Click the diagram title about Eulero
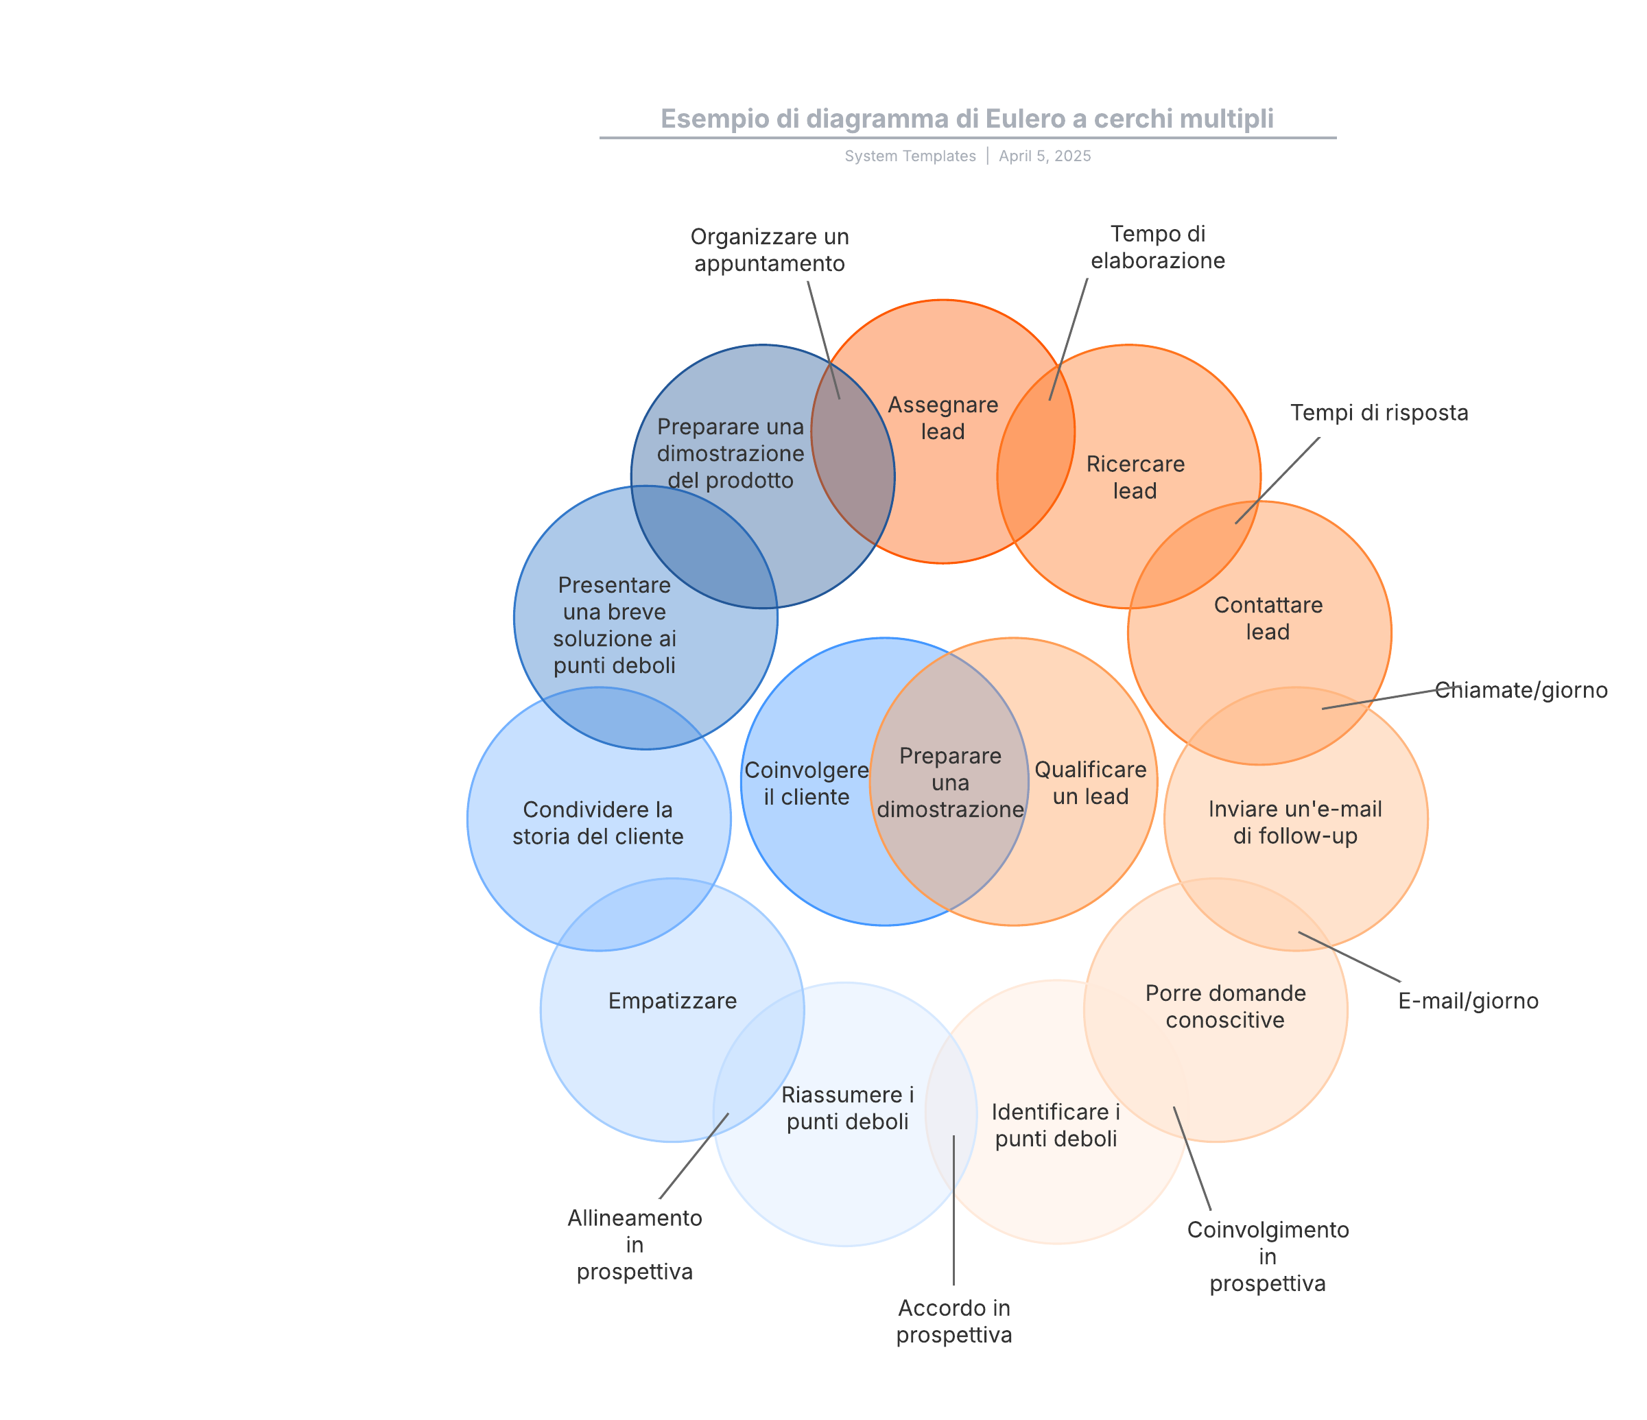click(x=967, y=119)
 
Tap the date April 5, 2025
click(x=1045, y=156)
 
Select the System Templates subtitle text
click(x=910, y=156)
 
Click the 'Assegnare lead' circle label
click(x=943, y=418)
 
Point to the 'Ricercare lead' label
click(x=1135, y=477)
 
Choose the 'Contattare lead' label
click(x=1268, y=619)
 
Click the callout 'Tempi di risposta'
click(x=1378, y=413)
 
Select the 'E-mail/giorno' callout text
click(x=1467, y=1001)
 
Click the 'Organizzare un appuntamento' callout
click(x=770, y=250)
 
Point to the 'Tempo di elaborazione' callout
click(x=1157, y=247)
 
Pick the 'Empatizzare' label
click(x=672, y=1001)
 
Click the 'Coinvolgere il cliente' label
click(x=806, y=783)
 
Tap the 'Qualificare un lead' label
click(x=1090, y=783)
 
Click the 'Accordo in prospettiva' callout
click(x=954, y=1321)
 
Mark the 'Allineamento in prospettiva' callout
click(x=635, y=1244)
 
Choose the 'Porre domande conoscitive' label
click(x=1225, y=1006)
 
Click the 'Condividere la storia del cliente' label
click(x=597, y=823)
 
